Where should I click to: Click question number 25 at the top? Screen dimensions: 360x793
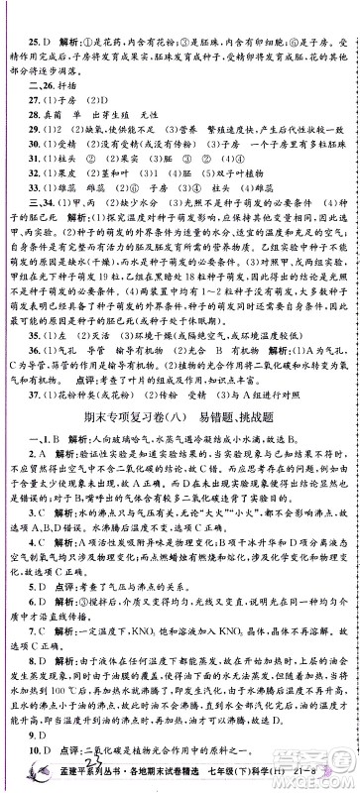point(31,16)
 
